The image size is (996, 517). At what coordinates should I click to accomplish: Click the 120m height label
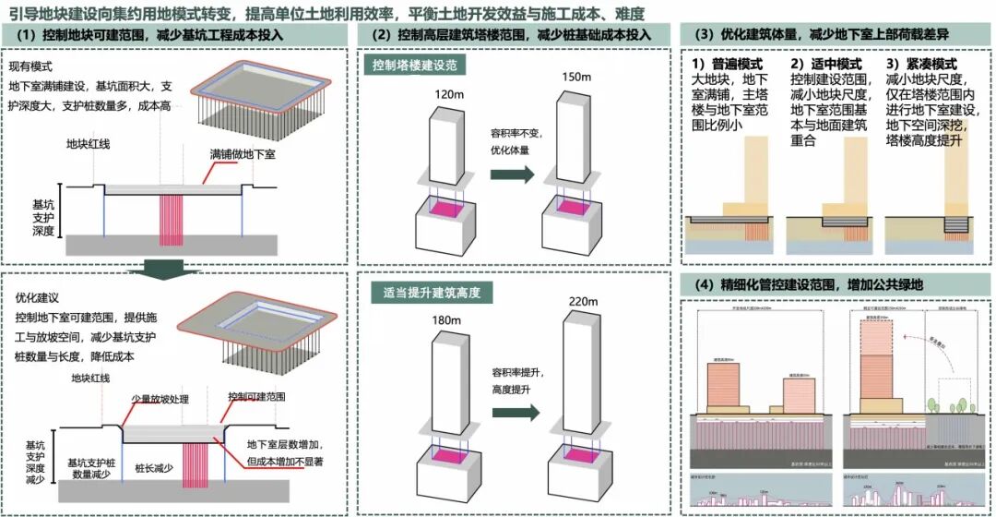(446, 95)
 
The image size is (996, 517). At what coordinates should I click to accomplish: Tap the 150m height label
(575, 77)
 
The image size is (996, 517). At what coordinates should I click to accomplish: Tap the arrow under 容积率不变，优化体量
(518, 174)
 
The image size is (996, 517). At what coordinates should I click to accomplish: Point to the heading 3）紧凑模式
(921, 65)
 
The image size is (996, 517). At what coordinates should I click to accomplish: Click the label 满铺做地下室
(243, 153)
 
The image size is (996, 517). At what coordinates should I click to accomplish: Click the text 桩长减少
(154, 468)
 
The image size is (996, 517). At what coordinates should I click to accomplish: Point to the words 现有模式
(30, 67)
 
